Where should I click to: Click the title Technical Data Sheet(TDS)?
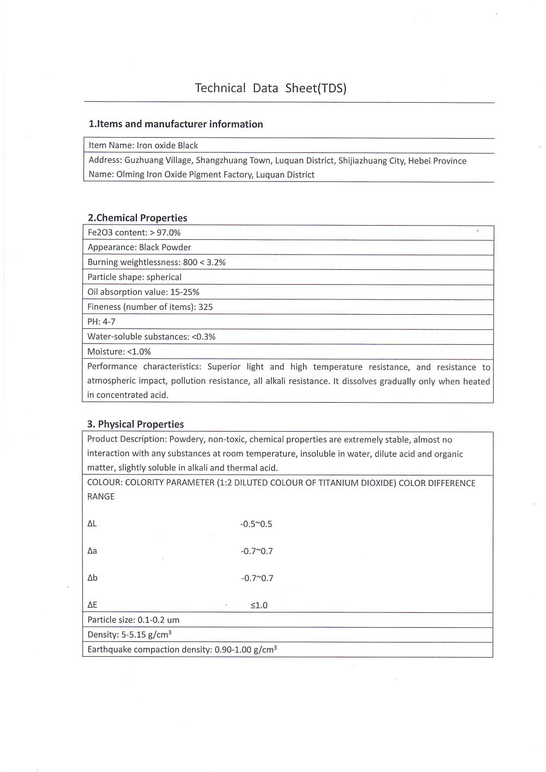pos(271,89)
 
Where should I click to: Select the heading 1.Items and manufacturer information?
pos(176,124)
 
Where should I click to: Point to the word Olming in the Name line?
pos(130,175)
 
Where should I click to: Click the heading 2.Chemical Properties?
pos(138,218)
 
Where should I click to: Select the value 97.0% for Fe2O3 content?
pos(169,233)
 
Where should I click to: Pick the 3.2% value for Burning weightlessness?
pos(216,262)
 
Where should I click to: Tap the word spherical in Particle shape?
pos(164,277)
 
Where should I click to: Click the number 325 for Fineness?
pos(206,307)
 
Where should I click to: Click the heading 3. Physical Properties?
pos(135,425)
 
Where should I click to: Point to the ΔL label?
pos(92,523)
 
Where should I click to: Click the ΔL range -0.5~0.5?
pos(256,524)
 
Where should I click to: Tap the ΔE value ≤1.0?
pos(259,605)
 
